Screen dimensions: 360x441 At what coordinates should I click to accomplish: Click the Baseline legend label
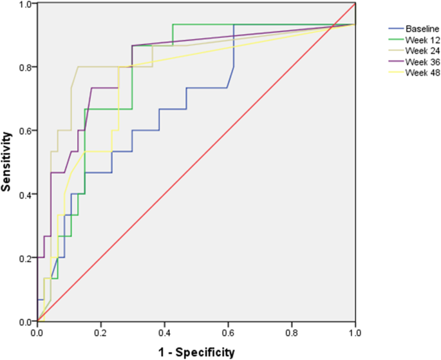[419, 29]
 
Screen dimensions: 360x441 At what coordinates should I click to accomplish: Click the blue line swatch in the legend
[395, 29]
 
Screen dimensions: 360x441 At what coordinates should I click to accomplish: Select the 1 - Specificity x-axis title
[196, 352]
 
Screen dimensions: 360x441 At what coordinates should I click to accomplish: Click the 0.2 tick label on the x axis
[101, 333]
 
